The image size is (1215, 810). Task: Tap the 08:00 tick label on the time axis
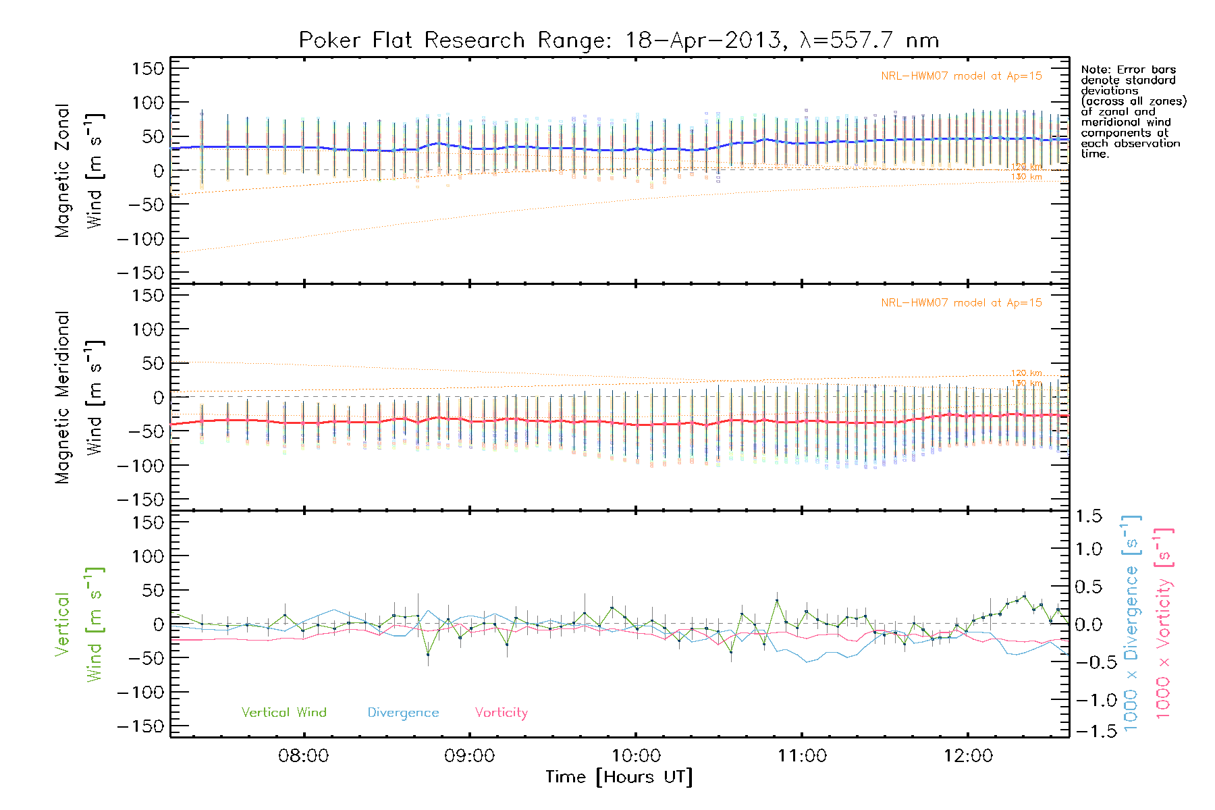point(303,756)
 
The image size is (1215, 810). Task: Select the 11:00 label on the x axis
point(802,756)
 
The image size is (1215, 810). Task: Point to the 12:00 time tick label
point(968,756)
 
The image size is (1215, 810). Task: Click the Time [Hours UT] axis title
point(618,778)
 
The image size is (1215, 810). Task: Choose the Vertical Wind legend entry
point(283,712)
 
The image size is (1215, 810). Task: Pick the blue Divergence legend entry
point(403,712)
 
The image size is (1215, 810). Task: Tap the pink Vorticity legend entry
point(501,712)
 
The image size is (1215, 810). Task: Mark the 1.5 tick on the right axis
point(1089,516)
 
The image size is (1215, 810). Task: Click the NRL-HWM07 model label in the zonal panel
point(961,76)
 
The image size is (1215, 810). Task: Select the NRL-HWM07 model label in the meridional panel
point(961,302)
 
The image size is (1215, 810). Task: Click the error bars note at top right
point(1133,111)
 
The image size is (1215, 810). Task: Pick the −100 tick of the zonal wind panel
point(140,239)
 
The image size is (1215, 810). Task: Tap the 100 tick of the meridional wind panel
point(147,329)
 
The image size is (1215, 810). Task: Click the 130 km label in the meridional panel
point(1026,383)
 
